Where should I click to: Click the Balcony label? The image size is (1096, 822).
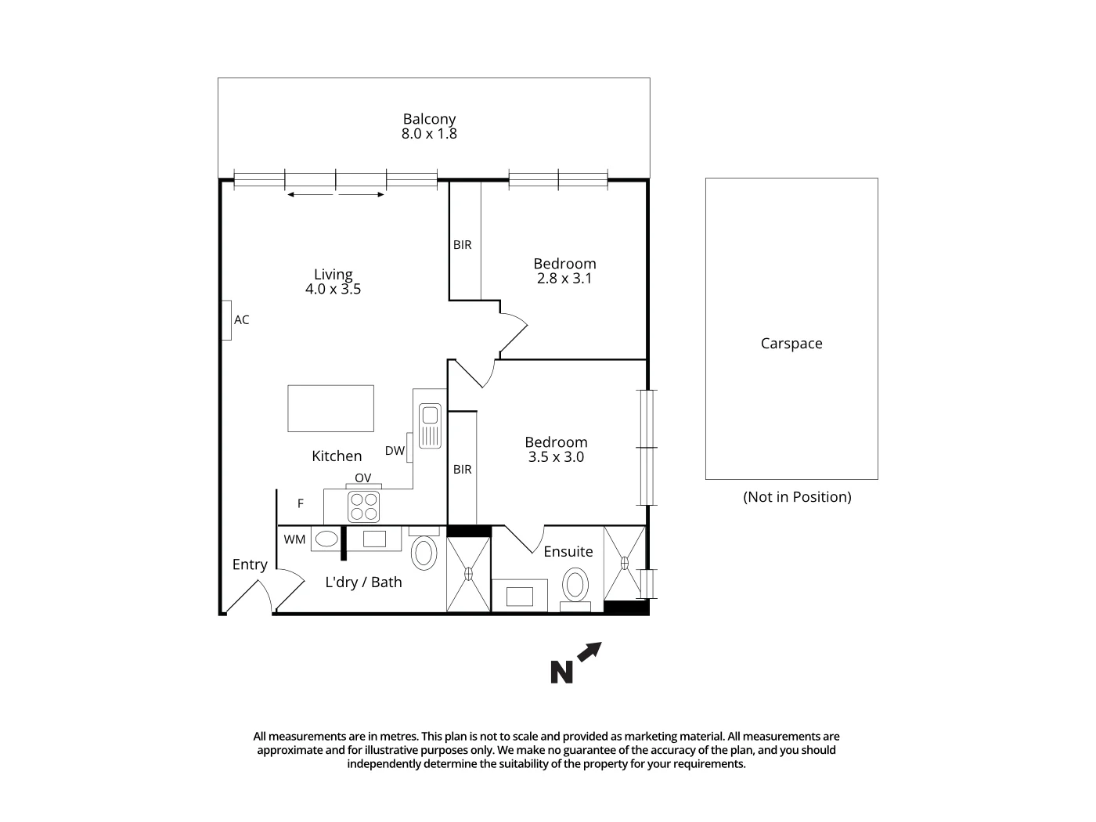click(429, 119)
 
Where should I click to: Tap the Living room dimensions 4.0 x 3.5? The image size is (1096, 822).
click(333, 289)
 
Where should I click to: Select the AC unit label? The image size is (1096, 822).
click(242, 319)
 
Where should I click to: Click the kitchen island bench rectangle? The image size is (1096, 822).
click(330, 408)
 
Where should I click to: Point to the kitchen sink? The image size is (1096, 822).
click(430, 425)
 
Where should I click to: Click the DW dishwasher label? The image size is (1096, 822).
click(395, 451)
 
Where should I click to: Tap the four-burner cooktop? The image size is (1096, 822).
click(363, 506)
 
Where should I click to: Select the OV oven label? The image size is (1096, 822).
click(362, 478)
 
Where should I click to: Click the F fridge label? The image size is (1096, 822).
click(301, 503)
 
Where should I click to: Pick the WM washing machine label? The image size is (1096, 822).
click(294, 539)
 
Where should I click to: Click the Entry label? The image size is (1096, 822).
click(250, 564)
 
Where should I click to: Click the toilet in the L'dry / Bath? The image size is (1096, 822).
click(424, 553)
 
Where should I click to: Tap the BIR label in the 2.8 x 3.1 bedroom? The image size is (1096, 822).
click(463, 245)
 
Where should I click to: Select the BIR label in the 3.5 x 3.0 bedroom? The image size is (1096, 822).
click(463, 469)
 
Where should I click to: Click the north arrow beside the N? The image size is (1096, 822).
click(589, 651)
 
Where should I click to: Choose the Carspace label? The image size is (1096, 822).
click(791, 344)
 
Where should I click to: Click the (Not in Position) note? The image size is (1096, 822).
click(797, 497)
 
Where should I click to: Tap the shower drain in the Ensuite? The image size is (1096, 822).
click(625, 562)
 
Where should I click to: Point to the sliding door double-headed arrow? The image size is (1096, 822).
click(336, 195)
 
